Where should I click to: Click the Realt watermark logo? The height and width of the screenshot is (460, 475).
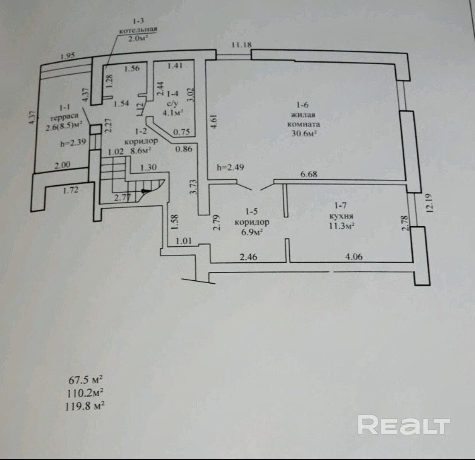point(403,425)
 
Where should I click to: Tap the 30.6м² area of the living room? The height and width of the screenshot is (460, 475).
point(304,133)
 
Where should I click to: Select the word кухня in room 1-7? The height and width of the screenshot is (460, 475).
point(341,216)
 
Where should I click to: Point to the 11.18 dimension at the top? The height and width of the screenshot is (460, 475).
point(242,45)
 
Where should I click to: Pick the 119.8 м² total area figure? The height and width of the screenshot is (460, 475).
point(85,406)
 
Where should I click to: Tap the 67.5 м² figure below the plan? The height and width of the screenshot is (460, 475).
point(86,379)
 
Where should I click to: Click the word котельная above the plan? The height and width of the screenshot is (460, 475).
point(138,30)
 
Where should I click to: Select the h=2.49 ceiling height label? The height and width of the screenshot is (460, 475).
point(230,167)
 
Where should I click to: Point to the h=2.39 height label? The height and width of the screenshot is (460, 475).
point(73,142)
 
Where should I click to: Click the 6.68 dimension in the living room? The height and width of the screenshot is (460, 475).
point(309,174)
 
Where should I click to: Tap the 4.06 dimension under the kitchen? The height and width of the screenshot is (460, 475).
point(354,257)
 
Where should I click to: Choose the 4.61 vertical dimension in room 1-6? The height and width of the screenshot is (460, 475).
point(213,121)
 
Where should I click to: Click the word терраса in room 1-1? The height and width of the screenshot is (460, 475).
point(64,116)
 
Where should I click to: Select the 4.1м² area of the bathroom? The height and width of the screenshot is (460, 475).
point(173,113)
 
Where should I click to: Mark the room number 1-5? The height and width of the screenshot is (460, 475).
point(252,211)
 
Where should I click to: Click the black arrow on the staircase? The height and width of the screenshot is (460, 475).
point(146,191)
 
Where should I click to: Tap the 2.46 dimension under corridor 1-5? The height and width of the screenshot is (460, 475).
point(248,257)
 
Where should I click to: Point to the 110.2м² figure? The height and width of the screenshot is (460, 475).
point(85,393)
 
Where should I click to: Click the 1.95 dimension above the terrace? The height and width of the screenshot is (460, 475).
point(68,56)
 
